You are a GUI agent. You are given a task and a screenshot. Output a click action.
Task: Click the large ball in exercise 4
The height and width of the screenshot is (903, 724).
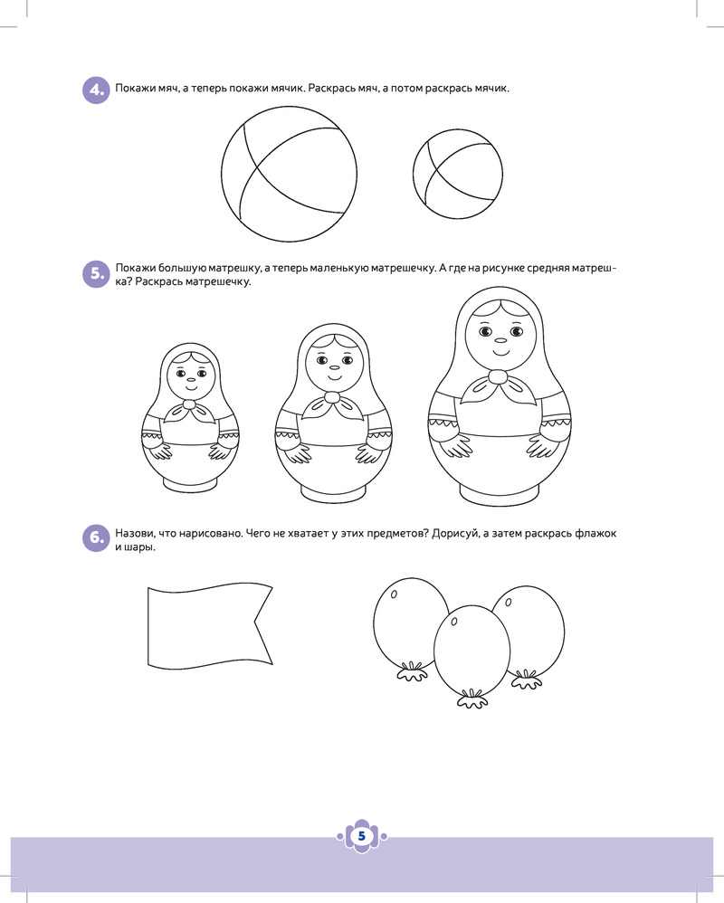[x=289, y=174]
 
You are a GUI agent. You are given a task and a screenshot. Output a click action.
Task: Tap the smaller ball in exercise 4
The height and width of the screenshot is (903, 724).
[x=458, y=174]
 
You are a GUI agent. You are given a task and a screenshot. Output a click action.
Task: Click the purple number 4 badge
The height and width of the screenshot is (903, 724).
[x=96, y=90]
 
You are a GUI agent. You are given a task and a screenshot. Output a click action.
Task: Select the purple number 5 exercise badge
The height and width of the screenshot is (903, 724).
[x=96, y=274]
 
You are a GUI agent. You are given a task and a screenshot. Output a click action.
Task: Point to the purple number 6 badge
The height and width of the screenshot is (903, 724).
[x=96, y=537]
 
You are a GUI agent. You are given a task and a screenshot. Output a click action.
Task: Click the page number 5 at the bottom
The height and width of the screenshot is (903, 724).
[x=362, y=836]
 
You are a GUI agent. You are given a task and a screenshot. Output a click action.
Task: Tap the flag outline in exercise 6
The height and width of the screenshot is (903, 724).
[x=210, y=625]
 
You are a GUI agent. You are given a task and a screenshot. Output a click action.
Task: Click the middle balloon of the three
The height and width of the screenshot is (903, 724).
[x=472, y=649]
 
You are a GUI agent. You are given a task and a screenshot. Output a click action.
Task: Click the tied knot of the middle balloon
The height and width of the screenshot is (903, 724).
[x=472, y=699]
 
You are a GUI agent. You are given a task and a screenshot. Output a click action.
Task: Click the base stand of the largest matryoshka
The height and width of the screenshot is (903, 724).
[x=500, y=495]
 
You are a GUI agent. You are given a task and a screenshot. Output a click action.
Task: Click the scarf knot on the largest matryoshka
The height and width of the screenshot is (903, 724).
[x=499, y=376]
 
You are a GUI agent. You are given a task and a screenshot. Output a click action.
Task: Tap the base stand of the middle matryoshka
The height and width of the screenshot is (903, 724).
[x=333, y=493]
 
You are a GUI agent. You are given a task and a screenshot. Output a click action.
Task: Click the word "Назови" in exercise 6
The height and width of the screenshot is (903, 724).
[x=134, y=534]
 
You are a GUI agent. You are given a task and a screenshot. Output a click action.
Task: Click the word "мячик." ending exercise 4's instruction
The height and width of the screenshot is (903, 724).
[x=492, y=89]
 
